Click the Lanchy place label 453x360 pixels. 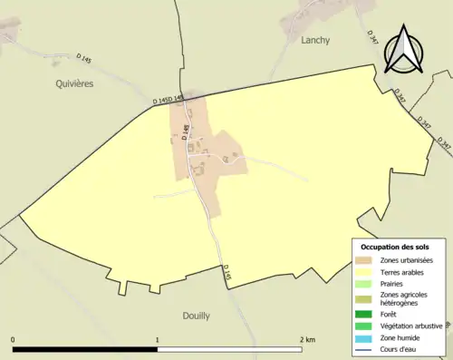tap(315, 40)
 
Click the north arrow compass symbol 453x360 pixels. tap(403, 50)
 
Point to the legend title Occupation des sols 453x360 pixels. tap(395, 247)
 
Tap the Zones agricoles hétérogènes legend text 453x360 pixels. tap(405, 298)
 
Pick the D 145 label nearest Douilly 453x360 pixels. tap(226, 272)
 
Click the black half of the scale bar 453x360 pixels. tap(85, 349)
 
